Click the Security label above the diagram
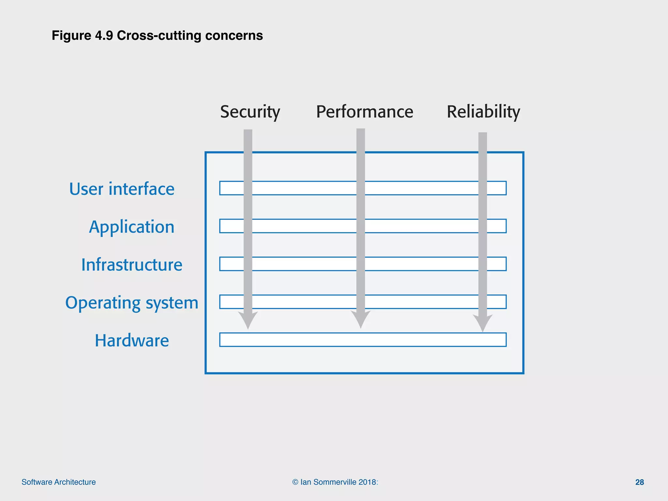pyautogui.click(x=250, y=112)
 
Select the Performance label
pyautogui.click(x=364, y=112)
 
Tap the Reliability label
pyautogui.click(x=483, y=112)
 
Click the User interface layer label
pyautogui.click(x=122, y=189)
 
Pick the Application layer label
pyautogui.click(x=131, y=227)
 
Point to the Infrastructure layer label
pyautogui.click(x=131, y=265)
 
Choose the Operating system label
pyautogui.click(x=131, y=303)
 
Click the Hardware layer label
pyautogui.click(x=131, y=341)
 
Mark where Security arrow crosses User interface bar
pyautogui.click(x=248, y=188)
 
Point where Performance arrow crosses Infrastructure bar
pyautogui.click(x=360, y=264)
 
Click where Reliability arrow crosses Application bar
pyautogui.click(x=482, y=226)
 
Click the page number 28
pyautogui.click(x=639, y=482)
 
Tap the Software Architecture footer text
pyautogui.click(x=59, y=482)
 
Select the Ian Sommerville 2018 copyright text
pyautogui.click(x=335, y=482)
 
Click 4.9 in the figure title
pyautogui.click(x=104, y=36)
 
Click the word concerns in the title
pyautogui.click(x=234, y=36)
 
